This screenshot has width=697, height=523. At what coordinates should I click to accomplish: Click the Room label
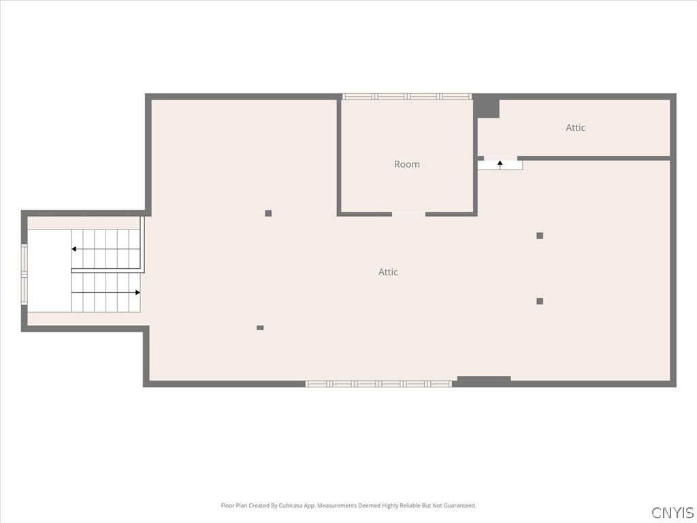[x=407, y=164]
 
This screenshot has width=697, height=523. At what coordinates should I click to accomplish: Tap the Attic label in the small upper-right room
[x=575, y=127]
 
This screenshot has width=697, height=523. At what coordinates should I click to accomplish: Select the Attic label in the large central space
[x=388, y=272]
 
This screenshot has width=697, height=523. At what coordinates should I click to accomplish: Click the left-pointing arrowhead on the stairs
[x=74, y=249]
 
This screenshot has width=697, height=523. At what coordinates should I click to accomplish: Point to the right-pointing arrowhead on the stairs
[x=137, y=293]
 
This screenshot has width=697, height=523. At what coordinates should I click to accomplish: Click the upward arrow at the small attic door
[x=500, y=165]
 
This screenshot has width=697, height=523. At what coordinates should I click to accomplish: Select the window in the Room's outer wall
[x=407, y=97]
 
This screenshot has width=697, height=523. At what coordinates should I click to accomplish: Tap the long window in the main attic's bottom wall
[x=378, y=384]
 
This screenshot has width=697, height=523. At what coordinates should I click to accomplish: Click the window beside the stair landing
[x=25, y=274]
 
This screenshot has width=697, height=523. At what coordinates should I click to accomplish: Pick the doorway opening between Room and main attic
[x=408, y=214]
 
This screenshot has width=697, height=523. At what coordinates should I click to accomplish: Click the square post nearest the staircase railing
[x=268, y=213]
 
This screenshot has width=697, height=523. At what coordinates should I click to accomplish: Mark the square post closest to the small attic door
[x=540, y=236]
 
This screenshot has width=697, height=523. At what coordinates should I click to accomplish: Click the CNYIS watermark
[x=672, y=512]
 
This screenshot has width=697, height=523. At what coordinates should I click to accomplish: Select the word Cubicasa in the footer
[x=292, y=506]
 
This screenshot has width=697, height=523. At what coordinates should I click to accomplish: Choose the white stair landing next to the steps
[x=49, y=271]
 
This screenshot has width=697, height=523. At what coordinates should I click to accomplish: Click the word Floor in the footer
[x=227, y=506]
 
